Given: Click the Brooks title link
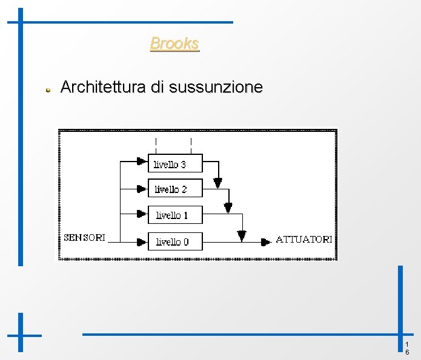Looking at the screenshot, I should coord(174,44).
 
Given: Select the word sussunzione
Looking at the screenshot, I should coord(216,87).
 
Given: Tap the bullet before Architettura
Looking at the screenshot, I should coord(47,90).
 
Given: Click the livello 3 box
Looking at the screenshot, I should coord(175,163).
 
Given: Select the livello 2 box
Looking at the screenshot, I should coord(175,189).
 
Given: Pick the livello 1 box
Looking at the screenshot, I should coord(175,215).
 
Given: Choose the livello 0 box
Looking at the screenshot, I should coord(175,241).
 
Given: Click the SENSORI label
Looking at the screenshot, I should coord(85,237).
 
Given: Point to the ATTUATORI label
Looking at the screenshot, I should coord(303,239).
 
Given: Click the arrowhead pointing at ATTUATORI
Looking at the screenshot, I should coord(265,241).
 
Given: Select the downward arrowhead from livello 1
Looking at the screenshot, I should coord(242,235).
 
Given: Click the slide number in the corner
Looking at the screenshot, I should coord(407,348).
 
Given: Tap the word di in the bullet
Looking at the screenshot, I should coord(157,87).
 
